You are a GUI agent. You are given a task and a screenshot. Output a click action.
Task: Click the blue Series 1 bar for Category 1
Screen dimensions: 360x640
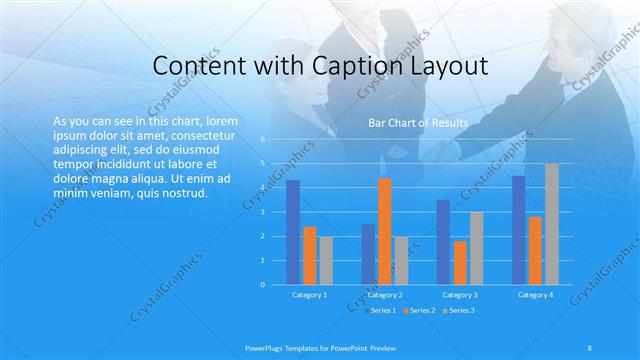[292, 232]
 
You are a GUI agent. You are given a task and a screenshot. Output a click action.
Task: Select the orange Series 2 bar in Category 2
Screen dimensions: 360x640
[385, 231]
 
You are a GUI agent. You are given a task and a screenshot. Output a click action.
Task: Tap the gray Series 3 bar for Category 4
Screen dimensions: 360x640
[552, 224]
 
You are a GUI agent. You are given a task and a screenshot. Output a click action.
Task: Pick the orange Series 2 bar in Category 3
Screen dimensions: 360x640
[460, 263]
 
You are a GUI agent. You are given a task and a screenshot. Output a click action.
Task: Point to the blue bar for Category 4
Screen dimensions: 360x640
[518, 230]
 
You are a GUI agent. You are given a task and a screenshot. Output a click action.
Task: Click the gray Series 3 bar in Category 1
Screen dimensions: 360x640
[326, 261]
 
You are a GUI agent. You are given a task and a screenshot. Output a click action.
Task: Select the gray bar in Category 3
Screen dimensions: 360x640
[477, 248]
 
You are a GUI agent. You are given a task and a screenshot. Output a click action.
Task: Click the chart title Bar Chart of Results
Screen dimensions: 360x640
[418, 123]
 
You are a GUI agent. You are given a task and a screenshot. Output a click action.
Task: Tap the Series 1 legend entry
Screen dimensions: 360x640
[381, 310]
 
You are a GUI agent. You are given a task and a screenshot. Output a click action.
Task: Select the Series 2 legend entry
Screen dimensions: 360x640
[420, 310]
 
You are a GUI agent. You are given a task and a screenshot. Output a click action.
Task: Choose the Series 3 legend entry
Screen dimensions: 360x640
[459, 310]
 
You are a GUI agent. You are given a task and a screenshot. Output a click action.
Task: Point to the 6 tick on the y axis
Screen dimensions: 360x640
[263, 139]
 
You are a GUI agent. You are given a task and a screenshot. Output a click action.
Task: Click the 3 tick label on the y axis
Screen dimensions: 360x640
[263, 212]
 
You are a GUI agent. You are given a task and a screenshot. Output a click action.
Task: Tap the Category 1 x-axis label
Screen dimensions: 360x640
[309, 295]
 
